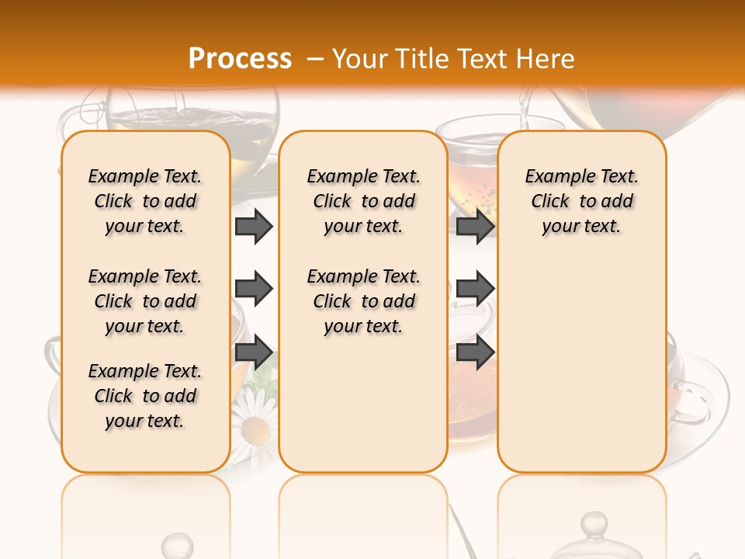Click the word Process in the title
coord(240,58)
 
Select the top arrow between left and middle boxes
coord(254,226)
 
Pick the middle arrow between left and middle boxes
coord(254,289)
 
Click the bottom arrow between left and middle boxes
coord(254,352)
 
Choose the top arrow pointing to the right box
coord(475,226)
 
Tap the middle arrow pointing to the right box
coord(475,289)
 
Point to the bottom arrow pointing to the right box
coord(475,352)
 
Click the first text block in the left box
coord(145,201)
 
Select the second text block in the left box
coord(145,301)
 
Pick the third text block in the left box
coord(145,396)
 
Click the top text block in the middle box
coord(363,201)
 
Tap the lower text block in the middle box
coord(363,301)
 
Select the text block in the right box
coord(581,201)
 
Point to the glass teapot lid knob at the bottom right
coord(594,522)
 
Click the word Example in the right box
coord(556,176)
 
